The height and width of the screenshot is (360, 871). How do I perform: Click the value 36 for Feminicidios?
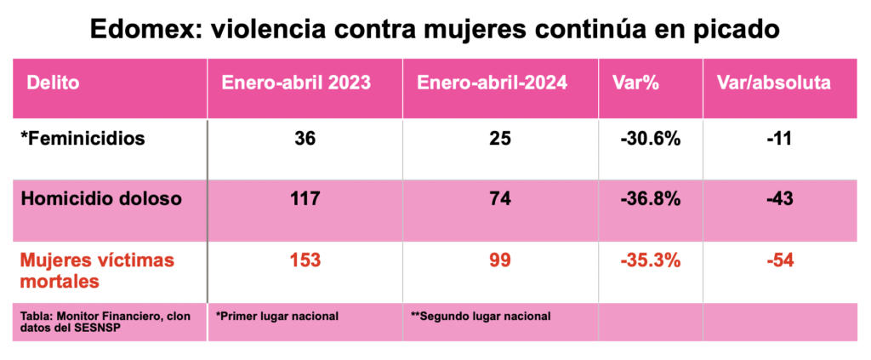305,138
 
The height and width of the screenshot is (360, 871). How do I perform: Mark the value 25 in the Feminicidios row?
500,138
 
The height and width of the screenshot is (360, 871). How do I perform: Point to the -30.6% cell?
651,138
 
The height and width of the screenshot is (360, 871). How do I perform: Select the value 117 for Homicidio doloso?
305,199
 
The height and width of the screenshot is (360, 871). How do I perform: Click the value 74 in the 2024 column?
500,199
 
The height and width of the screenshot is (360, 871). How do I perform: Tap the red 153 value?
305,260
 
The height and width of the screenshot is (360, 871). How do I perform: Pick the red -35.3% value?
651,260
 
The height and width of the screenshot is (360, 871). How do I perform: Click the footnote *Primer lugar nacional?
277,316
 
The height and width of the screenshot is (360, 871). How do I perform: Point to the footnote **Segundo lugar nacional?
481,316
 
